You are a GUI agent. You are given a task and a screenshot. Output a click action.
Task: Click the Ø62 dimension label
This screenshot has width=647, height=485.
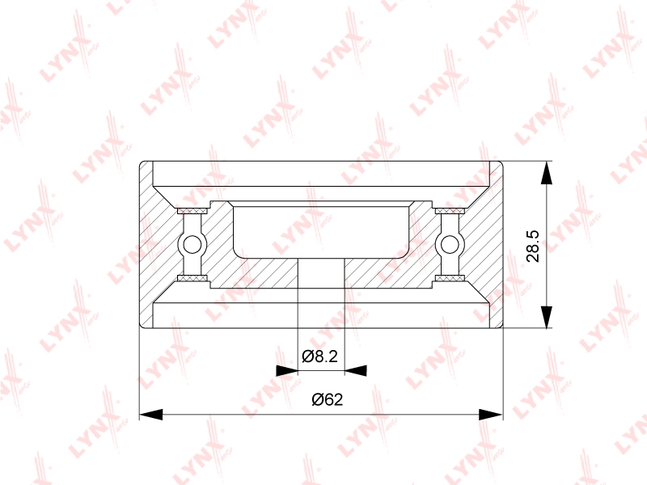(328, 399)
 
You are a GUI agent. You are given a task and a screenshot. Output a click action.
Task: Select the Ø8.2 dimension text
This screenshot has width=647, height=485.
(319, 356)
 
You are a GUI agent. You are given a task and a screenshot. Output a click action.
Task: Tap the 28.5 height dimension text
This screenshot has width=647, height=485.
(533, 247)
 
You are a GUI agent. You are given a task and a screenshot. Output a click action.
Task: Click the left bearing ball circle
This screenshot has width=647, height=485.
(191, 245)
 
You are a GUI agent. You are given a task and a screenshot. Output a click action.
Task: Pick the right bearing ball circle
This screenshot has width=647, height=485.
(450, 245)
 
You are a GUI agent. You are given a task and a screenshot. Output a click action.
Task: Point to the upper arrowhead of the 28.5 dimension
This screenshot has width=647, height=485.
(546, 172)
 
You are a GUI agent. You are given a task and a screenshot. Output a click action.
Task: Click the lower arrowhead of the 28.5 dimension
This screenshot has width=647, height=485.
(546, 317)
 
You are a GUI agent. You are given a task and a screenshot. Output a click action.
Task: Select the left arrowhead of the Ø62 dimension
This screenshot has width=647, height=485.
(151, 415)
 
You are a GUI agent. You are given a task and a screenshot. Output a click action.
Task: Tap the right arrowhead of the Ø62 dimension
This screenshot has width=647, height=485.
(492, 415)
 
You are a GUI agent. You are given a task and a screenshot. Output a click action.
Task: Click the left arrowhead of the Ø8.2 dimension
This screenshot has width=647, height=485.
(287, 370)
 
